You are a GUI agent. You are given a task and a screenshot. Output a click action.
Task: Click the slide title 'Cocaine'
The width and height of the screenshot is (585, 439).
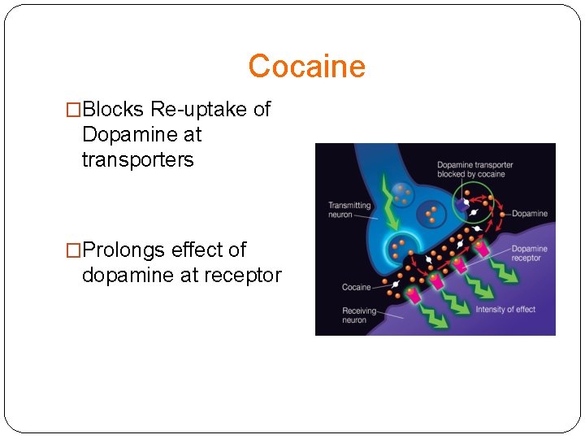(306, 66)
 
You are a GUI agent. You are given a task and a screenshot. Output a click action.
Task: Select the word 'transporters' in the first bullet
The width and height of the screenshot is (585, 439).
(137, 160)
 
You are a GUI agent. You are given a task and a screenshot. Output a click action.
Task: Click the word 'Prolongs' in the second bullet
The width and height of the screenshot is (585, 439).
(123, 250)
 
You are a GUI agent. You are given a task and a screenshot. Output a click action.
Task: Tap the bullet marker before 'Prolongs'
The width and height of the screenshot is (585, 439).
(73, 250)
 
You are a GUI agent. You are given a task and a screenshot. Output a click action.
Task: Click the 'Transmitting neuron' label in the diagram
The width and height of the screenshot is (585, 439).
(349, 210)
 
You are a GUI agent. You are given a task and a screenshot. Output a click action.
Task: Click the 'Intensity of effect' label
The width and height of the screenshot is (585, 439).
(505, 309)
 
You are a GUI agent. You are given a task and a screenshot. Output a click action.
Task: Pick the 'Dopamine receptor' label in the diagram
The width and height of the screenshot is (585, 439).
(529, 254)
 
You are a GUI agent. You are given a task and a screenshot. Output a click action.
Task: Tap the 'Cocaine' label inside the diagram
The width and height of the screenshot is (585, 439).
(356, 287)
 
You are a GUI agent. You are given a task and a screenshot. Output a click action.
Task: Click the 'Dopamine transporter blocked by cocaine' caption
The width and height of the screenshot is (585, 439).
(474, 169)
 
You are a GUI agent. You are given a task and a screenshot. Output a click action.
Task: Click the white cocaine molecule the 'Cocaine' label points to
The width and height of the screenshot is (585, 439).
(395, 285)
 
